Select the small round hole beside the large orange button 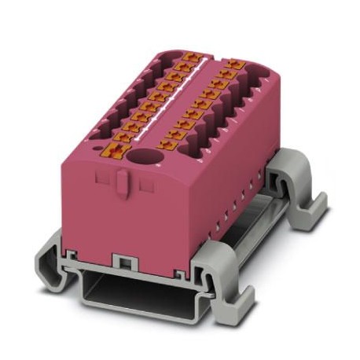pyautogui.click(x=102, y=145)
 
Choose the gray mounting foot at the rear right pyautogui.click(x=307, y=200)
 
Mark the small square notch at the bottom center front pyautogui.click(x=122, y=260)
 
